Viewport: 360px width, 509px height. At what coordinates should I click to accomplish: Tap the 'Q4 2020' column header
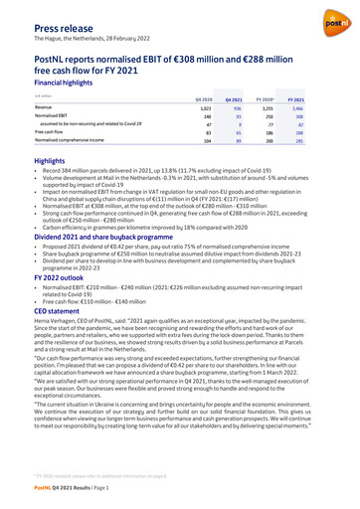(205, 99)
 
